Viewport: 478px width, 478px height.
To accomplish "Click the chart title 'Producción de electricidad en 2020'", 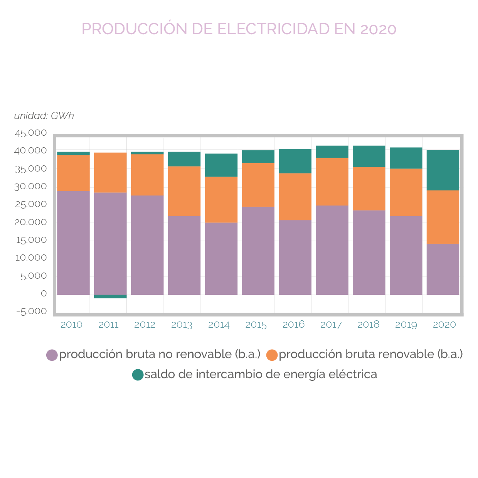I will (239, 29).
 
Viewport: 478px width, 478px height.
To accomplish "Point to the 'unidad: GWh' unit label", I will (44, 116).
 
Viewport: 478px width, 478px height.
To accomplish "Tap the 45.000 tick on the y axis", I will (31, 133).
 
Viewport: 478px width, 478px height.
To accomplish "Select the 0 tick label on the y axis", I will (44, 294).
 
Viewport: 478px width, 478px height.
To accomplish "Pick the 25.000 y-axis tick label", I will (31, 204).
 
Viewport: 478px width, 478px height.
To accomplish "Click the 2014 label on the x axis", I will (219, 325).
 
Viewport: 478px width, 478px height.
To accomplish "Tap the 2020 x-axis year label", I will (444, 325).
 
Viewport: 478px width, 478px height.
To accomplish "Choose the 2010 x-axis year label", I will (71, 325).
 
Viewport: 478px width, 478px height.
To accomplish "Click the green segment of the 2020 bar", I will (443, 170).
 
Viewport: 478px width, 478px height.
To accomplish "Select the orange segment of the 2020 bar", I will (443, 217).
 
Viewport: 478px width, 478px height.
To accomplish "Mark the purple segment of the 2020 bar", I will (443, 269).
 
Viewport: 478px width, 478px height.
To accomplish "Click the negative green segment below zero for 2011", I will (110, 296).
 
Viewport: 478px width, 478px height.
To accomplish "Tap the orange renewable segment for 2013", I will (184, 191).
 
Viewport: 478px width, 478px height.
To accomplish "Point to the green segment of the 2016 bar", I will (295, 161).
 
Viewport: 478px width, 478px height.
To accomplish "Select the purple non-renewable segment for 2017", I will (332, 250).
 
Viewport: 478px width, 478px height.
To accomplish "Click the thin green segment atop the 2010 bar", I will (73, 153).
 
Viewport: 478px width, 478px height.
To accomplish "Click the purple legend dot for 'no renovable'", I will (52, 355).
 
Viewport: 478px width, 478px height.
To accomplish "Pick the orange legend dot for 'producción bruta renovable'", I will (272, 355).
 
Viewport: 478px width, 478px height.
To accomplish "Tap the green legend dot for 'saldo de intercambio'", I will (138, 375).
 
